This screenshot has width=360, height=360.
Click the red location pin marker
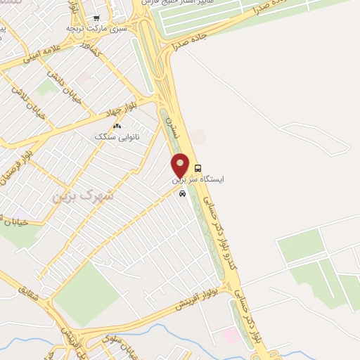181,165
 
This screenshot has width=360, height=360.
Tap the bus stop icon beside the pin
198,169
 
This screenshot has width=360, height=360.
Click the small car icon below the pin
183,194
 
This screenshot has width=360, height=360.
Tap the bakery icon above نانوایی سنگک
117,127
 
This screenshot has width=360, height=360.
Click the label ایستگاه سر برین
199,180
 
